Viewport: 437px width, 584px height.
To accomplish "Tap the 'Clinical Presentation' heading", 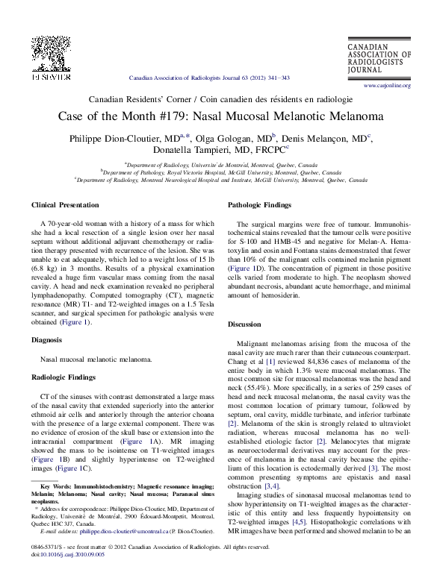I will coord(65,204).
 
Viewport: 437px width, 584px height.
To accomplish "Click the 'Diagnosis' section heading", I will coord(46,340).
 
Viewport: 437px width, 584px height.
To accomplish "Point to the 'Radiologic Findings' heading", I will coord(63,377).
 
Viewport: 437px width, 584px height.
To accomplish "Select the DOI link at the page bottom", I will coord(64,553).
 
